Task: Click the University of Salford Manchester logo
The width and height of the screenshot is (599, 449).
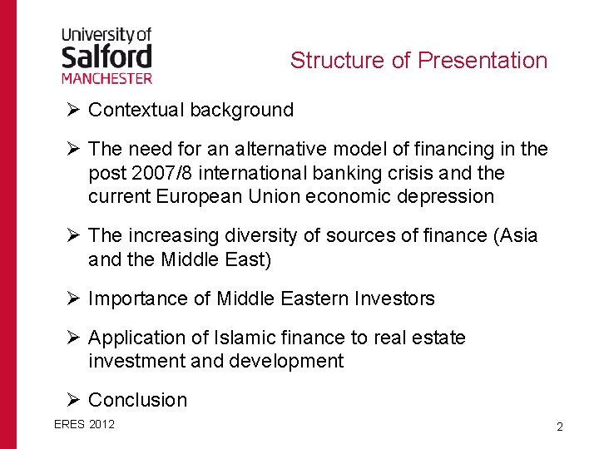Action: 106,55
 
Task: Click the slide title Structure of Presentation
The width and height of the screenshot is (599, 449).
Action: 418,61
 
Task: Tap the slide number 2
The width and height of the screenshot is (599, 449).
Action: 560,427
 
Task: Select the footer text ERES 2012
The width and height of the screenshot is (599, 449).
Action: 84,424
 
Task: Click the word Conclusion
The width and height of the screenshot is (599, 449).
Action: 137,400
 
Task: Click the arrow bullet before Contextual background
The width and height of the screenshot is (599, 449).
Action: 73,110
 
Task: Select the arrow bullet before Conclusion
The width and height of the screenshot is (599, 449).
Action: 73,400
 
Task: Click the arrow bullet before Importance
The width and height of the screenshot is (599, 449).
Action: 73,299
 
